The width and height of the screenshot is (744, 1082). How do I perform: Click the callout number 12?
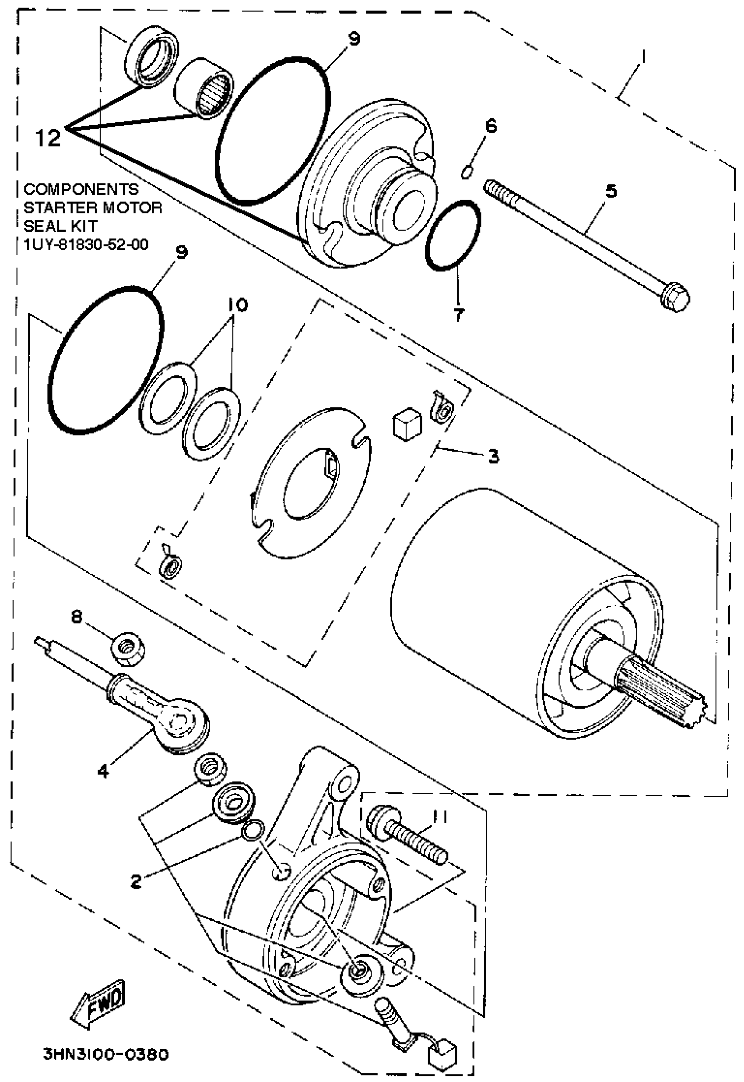tap(48, 138)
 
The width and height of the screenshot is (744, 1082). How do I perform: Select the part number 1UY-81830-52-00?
tap(86, 244)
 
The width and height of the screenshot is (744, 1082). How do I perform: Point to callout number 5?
tap(611, 191)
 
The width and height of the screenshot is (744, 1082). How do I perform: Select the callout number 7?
tap(459, 315)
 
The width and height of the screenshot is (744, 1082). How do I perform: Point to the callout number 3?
tap(494, 456)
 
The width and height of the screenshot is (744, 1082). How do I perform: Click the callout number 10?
tap(238, 305)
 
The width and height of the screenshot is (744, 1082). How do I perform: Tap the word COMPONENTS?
tap(81, 189)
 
